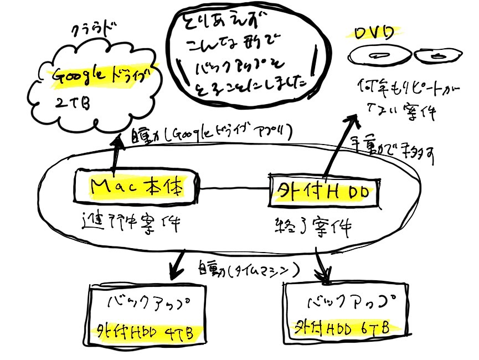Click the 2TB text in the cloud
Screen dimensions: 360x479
(70, 104)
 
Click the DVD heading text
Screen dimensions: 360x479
(373, 33)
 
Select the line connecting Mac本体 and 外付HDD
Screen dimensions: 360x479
(235, 190)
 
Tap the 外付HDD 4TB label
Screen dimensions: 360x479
(146, 333)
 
